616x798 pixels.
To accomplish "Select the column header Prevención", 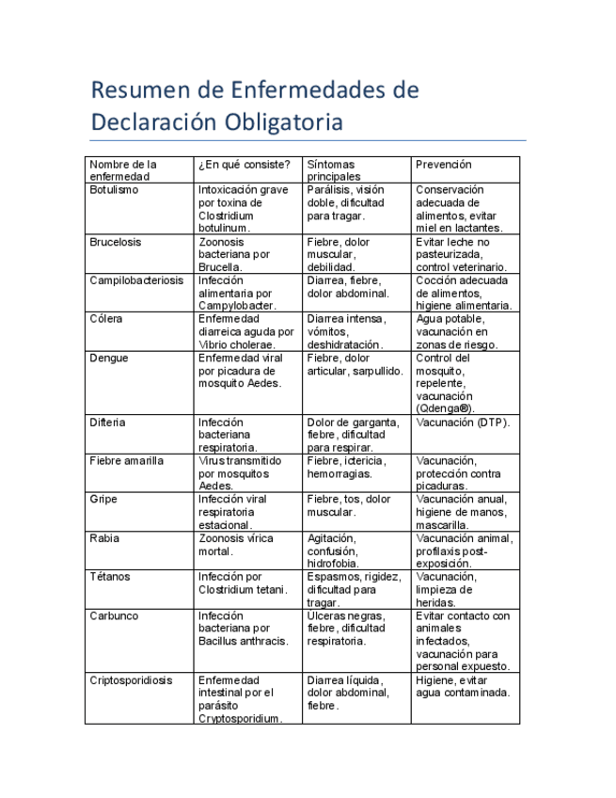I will pyautogui.click(x=444, y=165).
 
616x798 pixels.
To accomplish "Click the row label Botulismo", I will pyautogui.click(x=114, y=190).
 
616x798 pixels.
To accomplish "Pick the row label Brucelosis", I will pyautogui.click(x=116, y=242).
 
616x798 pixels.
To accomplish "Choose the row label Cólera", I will pyautogui.click(x=105, y=319).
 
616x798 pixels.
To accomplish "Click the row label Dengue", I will pyautogui.click(x=109, y=359).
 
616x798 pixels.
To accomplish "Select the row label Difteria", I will pyautogui.click(x=108, y=423).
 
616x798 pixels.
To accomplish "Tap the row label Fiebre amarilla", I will pyautogui.click(x=126, y=461).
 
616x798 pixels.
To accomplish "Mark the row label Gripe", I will pyautogui.click(x=103, y=500).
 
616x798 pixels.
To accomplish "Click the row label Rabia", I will pyautogui.click(x=104, y=538).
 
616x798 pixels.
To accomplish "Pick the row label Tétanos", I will pyautogui.click(x=110, y=577).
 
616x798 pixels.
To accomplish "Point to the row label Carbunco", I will pyautogui.click(x=114, y=616).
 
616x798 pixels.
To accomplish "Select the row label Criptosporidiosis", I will pyautogui.click(x=131, y=680).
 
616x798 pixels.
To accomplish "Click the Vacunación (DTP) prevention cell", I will pyautogui.click(x=463, y=423).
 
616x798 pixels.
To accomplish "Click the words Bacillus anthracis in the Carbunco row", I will pyautogui.click(x=243, y=642).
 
